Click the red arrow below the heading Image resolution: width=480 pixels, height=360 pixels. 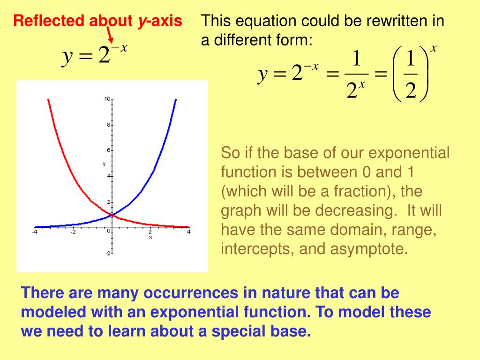[110, 35]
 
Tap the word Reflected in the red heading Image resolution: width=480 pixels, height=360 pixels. [49, 21]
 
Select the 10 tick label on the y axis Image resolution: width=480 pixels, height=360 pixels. [107, 99]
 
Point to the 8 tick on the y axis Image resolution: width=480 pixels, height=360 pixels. [109, 125]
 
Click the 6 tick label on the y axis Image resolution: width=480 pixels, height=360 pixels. [109, 150]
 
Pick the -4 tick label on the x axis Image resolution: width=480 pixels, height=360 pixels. [35, 232]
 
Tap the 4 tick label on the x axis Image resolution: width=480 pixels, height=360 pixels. [189, 232]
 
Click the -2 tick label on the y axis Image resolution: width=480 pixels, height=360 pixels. [108, 254]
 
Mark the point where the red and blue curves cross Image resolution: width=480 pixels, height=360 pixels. [112, 215]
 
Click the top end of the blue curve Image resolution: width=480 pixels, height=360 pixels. [176, 99]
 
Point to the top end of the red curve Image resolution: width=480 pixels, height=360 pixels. [48, 99]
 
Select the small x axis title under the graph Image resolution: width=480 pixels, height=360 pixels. [150, 237]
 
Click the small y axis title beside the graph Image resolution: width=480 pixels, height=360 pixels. [104, 164]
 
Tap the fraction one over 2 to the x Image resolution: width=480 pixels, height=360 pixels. [356, 75]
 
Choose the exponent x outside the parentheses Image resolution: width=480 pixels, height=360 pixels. [433, 48]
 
